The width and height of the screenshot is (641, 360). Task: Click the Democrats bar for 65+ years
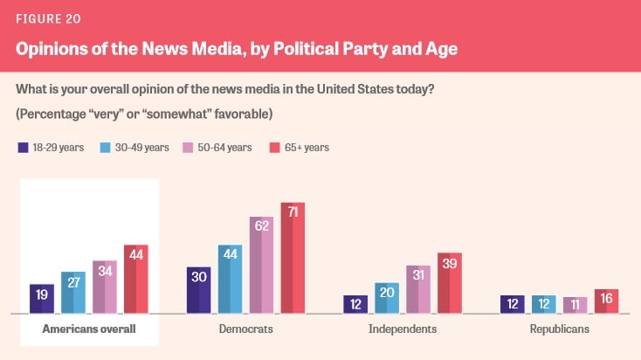point(293,258)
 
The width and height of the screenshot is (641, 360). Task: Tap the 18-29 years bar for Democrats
point(199,290)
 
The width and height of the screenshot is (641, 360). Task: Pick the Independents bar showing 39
point(450,283)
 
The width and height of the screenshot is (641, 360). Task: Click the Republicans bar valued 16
point(606,301)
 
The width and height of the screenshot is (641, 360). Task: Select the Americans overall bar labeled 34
point(105,287)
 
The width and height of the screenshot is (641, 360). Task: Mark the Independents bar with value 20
point(387,298)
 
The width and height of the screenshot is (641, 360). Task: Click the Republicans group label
point(559,329)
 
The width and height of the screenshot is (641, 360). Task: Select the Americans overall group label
point(89,329)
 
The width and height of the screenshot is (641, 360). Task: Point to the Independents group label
point(403,329)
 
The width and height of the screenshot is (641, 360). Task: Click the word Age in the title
point(437,50)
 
